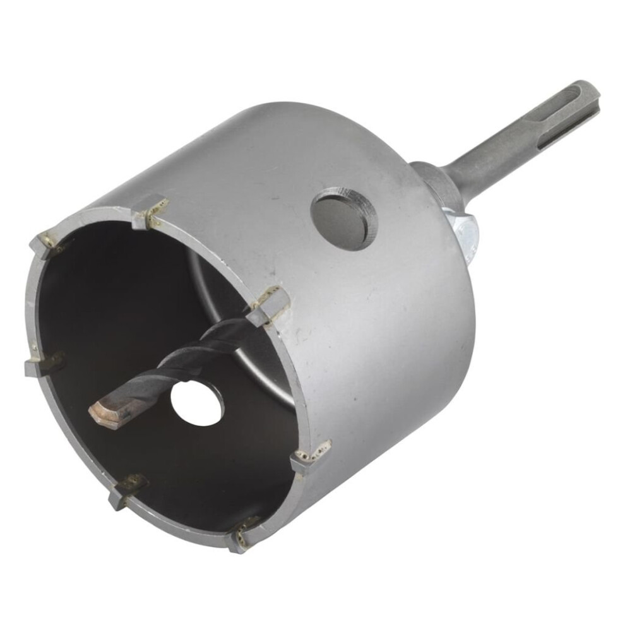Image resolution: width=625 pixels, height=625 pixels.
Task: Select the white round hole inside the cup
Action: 197,402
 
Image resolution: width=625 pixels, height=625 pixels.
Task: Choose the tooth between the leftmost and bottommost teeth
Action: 126,489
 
